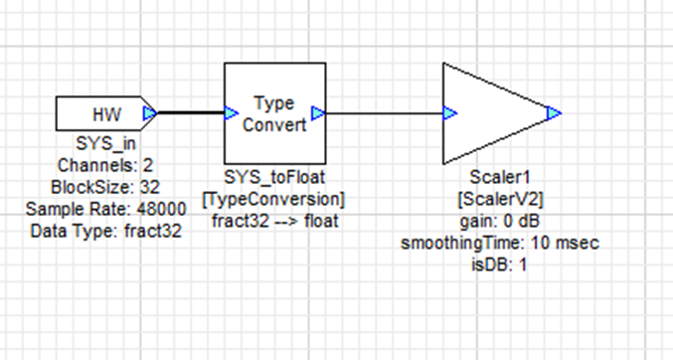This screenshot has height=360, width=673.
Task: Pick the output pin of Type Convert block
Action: coord(318,114)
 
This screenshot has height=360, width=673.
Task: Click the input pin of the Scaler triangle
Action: coord(449,113)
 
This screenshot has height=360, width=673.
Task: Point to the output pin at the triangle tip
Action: coord(554,112)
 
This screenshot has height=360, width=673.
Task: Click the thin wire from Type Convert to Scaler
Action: coord(383,113)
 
